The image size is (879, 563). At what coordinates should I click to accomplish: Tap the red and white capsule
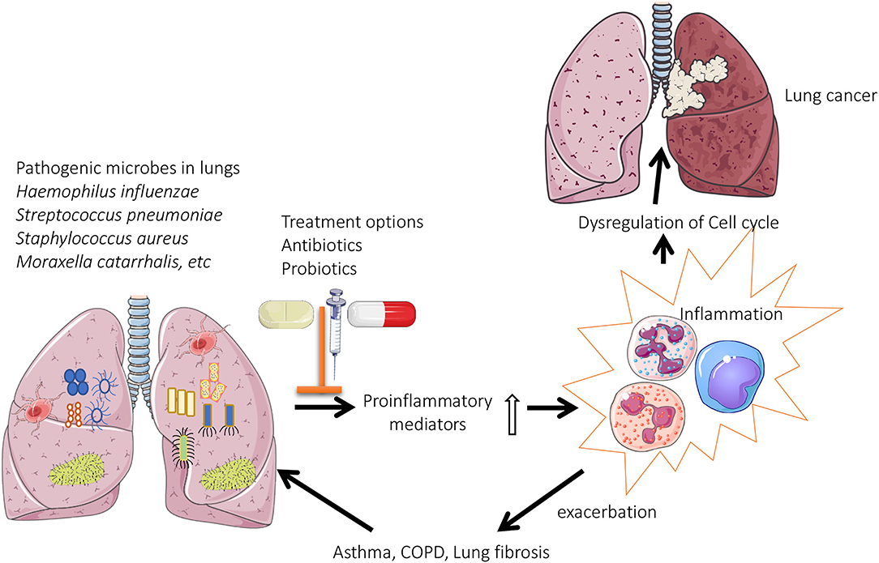[x=381, y=313]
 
